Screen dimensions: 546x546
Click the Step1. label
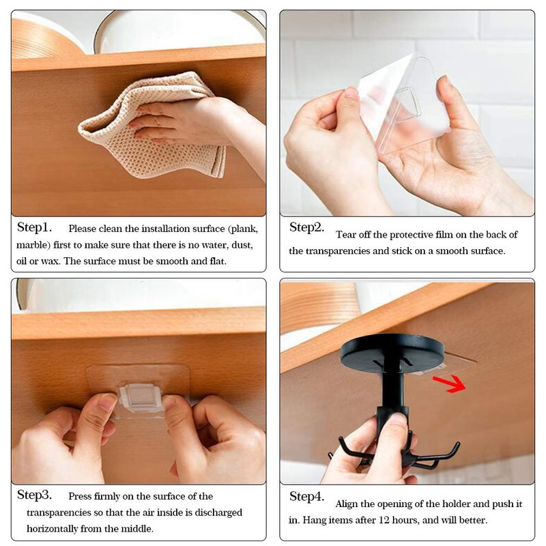pyautogui.click(x=35, y=227)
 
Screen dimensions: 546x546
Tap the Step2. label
pyautogui.click(x=306, y=227)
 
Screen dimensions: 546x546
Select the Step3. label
pyautogui.click(x=35, y=495)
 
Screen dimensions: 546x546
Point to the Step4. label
pyautogui.click(x=306, y=496)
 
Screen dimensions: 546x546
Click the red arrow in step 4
pyautogui.click(x=450, y=384)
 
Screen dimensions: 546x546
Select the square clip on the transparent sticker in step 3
pyautogui.click(x=141, y=397)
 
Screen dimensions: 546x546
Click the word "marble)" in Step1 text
pyautogui.click(x=33, y=246)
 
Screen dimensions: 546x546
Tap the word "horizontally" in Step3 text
pyautogui.click(x=53, y=528)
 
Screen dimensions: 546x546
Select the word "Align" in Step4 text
pyautogui.click(x=347, y=504)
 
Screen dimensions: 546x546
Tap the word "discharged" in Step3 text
pyautogui.click(x=218, y=513)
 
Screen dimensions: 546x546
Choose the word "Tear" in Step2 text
pyautogui.click(x=346, y=235)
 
